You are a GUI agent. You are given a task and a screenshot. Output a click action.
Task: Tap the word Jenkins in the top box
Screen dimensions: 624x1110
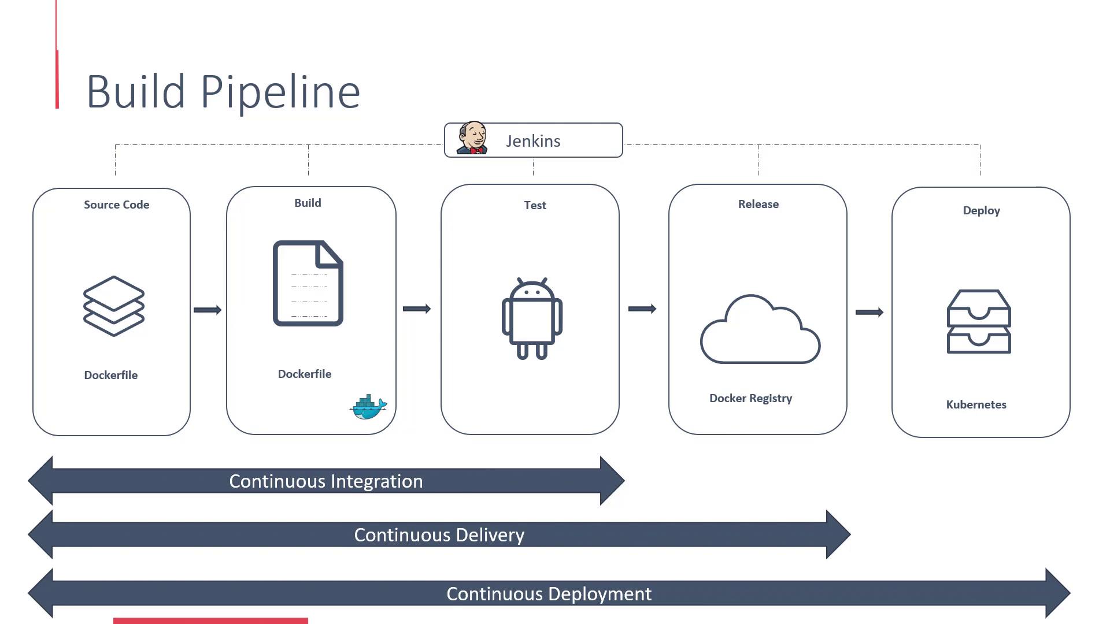point(533,142)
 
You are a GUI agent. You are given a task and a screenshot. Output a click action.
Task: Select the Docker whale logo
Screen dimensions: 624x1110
point(368,407)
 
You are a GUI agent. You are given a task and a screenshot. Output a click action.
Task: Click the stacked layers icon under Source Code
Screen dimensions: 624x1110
point(114,306)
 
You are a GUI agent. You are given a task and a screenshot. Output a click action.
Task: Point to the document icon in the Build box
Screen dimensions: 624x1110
point(308,283)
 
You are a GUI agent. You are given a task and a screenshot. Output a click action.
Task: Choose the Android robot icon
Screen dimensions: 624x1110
point(532,318)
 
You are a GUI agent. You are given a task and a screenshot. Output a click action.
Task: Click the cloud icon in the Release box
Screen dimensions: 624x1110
point(760,330)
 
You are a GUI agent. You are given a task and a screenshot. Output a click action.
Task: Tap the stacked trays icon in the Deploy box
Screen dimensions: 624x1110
point(979,322)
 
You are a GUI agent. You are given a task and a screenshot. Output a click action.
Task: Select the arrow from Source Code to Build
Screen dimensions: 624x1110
point(208,310)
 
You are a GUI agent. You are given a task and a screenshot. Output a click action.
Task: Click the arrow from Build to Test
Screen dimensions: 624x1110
point(417,309)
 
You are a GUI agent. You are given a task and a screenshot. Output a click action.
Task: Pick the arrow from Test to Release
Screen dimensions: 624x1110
point(642,309)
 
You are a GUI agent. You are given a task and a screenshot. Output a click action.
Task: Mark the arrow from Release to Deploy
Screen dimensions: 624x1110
point(869,313)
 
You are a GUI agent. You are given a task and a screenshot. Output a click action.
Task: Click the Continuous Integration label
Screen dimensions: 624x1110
point(326,481)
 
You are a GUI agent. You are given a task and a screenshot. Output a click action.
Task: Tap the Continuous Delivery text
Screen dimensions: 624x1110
point(439,535)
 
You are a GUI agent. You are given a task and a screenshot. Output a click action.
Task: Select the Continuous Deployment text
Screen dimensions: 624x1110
point(549,594)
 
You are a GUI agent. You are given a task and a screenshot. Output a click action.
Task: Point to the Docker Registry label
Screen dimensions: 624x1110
point(750,398)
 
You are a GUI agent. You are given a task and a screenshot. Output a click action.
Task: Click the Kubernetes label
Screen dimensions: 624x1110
point(976,404)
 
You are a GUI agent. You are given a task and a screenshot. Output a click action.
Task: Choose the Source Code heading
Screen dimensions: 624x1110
point(116,205)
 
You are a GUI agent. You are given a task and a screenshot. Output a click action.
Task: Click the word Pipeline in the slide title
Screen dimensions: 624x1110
point(280,92)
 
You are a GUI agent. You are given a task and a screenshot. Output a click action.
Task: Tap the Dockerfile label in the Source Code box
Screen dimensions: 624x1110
point(110,375)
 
